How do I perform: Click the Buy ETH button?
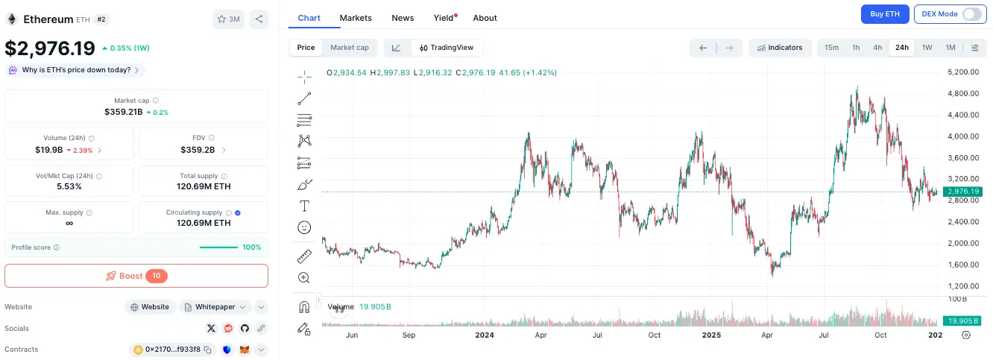(x=885, y=14)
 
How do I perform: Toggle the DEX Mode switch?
(x=971, y=14)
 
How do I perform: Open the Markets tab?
(x=356, y=18)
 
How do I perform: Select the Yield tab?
(x=443, y=18)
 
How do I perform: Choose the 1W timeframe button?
(x=927, y=48)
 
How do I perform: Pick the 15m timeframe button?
(x=831, y=48)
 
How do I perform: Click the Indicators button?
(x=780, y=48)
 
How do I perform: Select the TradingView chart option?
(x=447, y=48)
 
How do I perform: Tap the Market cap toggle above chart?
(x=349, y=48)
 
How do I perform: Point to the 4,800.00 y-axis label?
(x=962, y=93)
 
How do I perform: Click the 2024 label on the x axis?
(x=485, y=335)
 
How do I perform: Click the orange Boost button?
(x=136, y=276)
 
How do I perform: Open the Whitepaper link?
(x=214, y=307)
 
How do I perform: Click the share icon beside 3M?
(x=259, y=19)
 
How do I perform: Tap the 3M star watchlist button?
(x=228, y=19)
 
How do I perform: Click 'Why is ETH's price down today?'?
(x=76, y=70)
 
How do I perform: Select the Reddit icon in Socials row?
(x=227, y=328)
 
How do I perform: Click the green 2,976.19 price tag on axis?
(x=962, y=192)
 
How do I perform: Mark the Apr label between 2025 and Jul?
(x=767, y=335)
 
